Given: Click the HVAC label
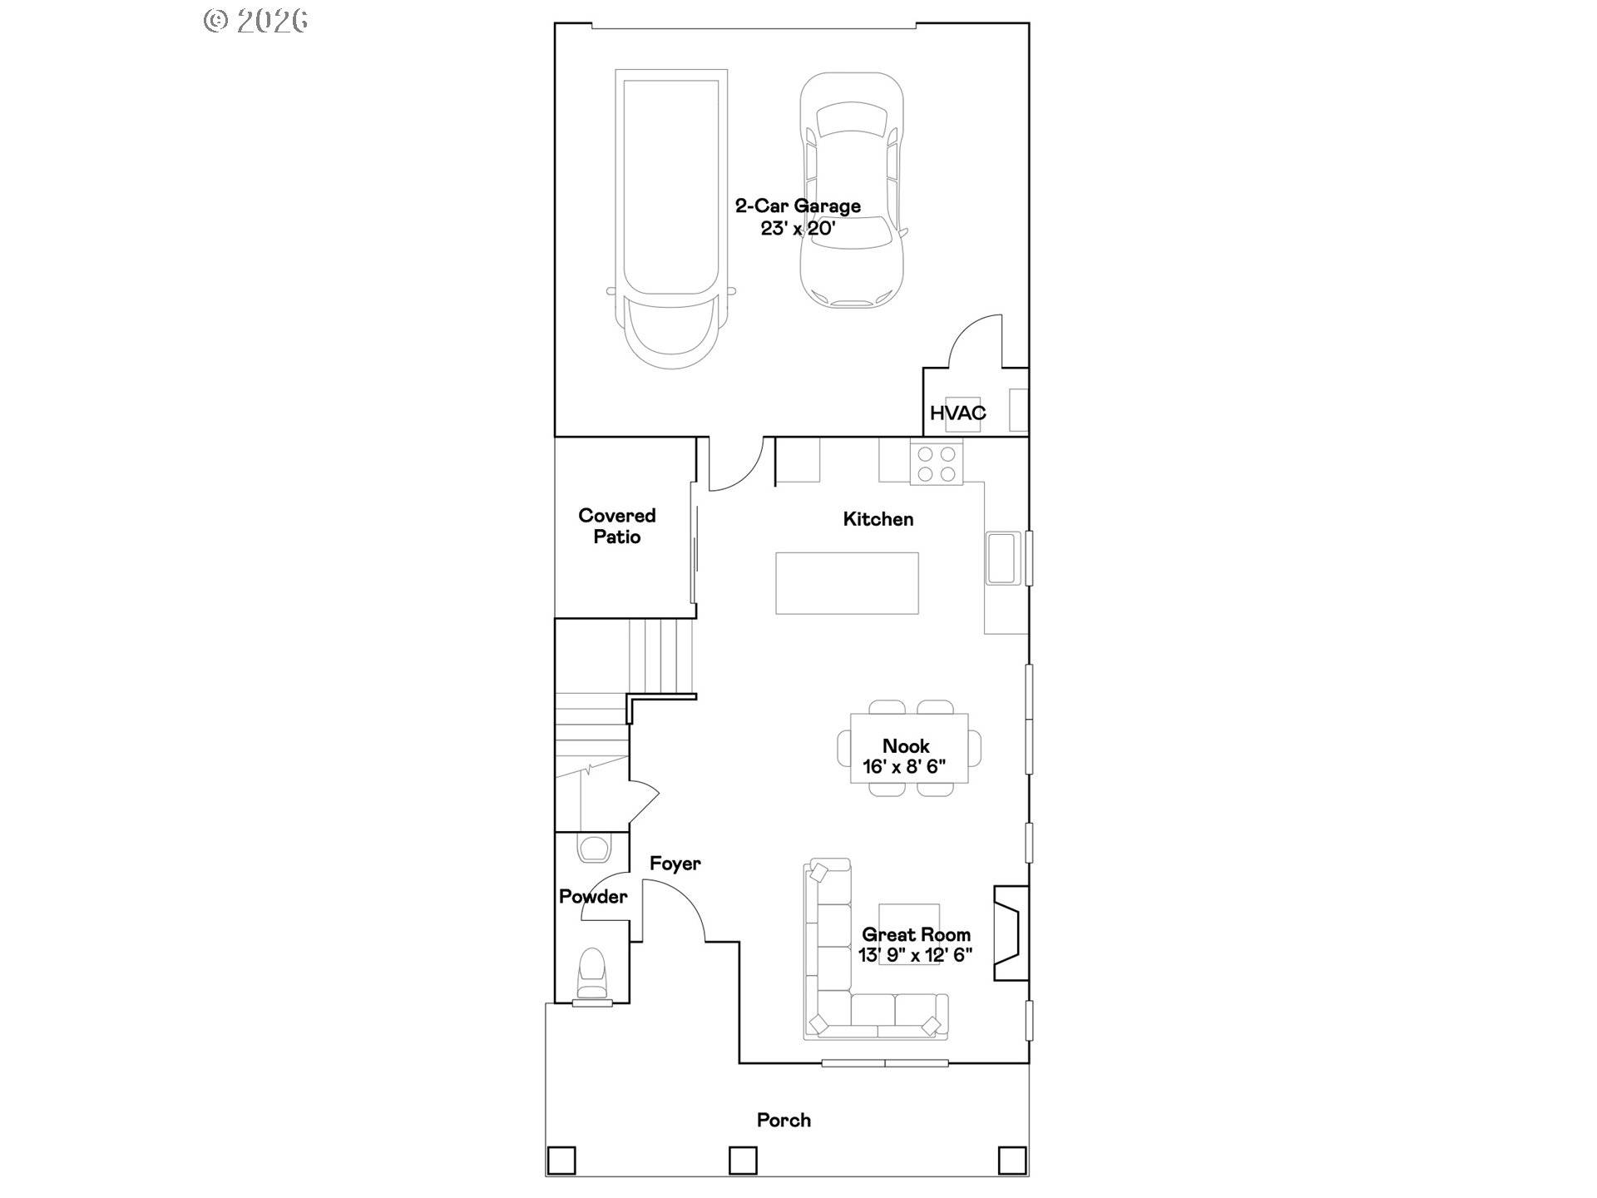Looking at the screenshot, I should click(957, 413).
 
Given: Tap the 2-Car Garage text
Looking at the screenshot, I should click(798, 205).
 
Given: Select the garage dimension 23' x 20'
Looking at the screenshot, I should click(798, 228).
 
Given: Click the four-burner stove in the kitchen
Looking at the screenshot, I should click(936, 464).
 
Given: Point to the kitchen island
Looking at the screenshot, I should click(847, 583).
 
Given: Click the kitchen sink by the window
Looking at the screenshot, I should click(1002, 557).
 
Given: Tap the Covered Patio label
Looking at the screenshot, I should click(617, 526).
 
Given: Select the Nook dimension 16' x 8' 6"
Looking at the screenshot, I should click(904, 766).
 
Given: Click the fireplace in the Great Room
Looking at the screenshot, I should click(1011, 933).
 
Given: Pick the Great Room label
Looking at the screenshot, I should click(916, 934).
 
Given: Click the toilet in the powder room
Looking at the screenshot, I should click(592, 973).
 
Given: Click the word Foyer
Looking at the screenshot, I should click(675, 864).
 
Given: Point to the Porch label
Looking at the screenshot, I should click(784, 1120).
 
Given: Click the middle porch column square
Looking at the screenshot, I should click(743, 1160).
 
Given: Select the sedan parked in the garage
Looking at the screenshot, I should click(851, 190).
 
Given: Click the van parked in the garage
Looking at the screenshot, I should click(670, 216).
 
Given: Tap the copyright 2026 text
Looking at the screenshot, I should click(256, 21).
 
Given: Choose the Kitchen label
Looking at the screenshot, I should click(878, 519).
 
